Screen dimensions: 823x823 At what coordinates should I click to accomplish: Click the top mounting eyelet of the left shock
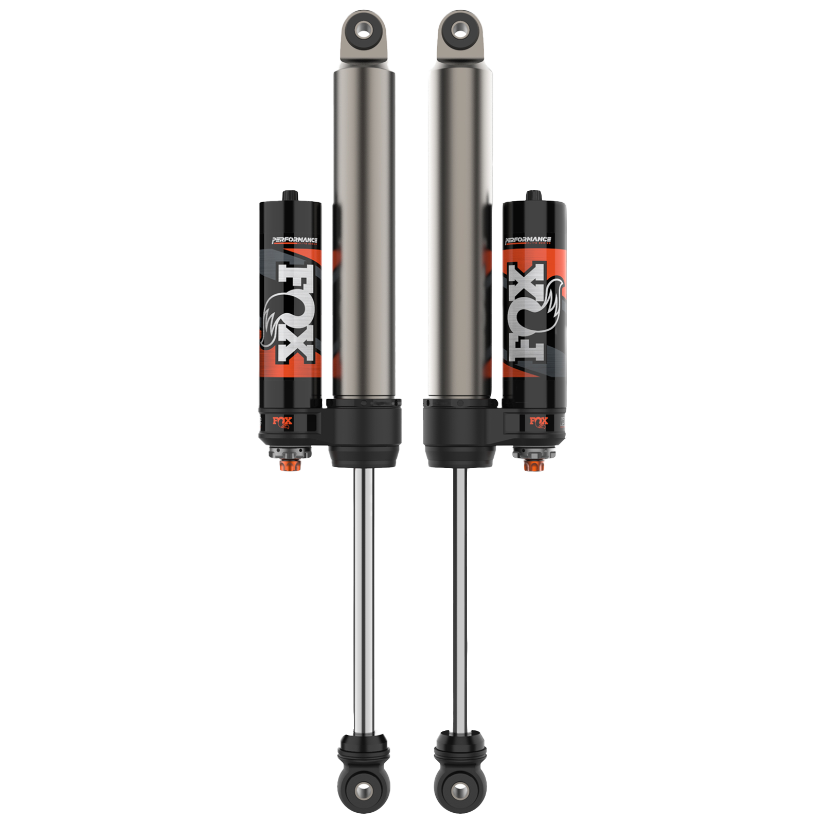pyautogui.click(x=364, y=32)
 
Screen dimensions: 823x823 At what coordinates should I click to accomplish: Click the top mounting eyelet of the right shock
pyautogui.click(x=459, y=31)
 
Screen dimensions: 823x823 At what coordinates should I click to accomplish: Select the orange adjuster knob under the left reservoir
pyautogui.click(x=287, y=466)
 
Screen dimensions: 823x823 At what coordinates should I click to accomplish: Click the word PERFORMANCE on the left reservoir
pyautogui.click(x=295, y=240)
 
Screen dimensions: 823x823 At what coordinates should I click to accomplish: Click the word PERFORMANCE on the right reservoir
pyautogui.click(x=528, y=240)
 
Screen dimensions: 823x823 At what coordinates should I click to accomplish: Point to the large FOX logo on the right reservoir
pyautogui.click(x=530, y=314)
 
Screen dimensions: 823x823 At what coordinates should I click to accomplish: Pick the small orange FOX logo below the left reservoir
pyautogui.click(x=282, y=422)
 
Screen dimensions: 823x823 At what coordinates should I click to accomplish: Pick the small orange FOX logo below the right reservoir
pyautogui.click(x=539, y=422)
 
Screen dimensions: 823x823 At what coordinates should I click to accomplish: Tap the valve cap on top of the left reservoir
pyautogui.click(x=290, y=195)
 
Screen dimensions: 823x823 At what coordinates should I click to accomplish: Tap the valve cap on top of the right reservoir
pyautogui.click(x=533, y=195)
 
